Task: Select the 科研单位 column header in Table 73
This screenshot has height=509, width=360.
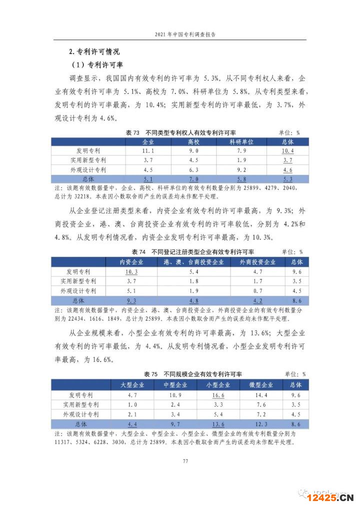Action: tap(241, 141)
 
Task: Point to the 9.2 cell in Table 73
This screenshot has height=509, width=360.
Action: tap(241, 169)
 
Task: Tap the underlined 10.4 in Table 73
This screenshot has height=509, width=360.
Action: tap(287, 151)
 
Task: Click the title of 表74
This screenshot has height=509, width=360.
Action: tap(192, 252)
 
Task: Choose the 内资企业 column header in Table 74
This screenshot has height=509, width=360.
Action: tap(131, 261)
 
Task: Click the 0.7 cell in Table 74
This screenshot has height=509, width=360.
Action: tap(258, 290)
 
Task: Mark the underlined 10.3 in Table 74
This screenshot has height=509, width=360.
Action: tap(131, 271)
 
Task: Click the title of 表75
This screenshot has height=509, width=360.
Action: tap(192, 374)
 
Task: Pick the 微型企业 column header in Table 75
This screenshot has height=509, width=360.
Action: tap(261, 384)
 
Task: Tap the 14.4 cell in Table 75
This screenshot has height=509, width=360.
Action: tap(261, 394)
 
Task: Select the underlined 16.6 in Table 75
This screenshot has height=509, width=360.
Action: tap(218, 394)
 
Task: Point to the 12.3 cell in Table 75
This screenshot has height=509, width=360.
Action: tap(261, 424)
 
